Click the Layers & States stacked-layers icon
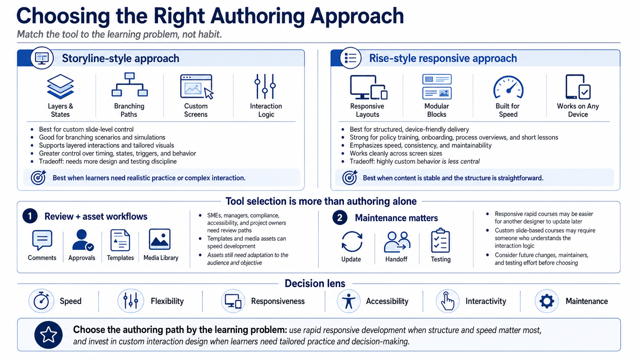click(x=60, y=86)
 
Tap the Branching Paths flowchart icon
click(x=129, y=85)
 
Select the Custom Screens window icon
click(x=197, y=86)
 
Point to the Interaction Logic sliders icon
click(x=265, y=86)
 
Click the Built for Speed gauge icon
click(x=508, y=87)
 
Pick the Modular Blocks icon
click(x=437, y=86)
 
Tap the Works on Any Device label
click(x=578, y=110)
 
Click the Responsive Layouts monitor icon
click(x=369, y=87)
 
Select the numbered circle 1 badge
click(x=30, y=216)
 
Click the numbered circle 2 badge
click(x=340, y=218)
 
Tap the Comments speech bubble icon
click(x=42, y=240)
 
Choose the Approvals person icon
click(x=83, y=240)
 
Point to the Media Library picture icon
click(x=160, y=239)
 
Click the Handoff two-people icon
click(x=397, y=242)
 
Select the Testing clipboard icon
click(x=440, y=240)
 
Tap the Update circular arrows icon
click(x=352, y=241)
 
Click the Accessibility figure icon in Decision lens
click(x=349, y=301)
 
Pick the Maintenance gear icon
click(x=547, y=301)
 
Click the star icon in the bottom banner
click(x=48, y=335)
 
